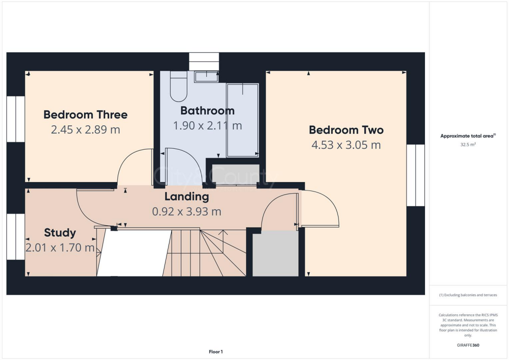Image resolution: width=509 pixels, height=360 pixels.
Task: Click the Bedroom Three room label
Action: coord(85,115)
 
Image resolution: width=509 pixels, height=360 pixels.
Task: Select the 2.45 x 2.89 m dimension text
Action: coord(85,130)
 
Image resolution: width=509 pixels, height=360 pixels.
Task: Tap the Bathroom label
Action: coord(207,110)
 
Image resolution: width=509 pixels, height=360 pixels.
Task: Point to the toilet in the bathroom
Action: coord(177,86)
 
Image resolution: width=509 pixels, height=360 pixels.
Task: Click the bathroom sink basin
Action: coord(206,77)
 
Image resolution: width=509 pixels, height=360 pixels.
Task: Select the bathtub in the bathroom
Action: coord(243,120)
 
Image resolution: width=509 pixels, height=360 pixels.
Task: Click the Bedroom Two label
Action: coord(346,130)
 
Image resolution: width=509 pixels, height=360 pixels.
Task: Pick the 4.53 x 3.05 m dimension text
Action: coord(346,145)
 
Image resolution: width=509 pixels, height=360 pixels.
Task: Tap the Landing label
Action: coord(186,196)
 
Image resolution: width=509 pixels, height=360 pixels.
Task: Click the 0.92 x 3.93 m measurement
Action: coord(186,211)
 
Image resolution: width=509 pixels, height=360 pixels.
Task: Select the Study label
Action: coord(60,233)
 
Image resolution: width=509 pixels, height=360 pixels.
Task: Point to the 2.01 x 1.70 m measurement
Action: coord(60,248)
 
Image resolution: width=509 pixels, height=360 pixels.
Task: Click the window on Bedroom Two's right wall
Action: coord(416,175)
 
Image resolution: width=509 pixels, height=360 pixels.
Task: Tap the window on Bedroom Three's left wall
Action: coord(15,119)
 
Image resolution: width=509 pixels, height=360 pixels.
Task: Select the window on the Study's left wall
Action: coord(15,237)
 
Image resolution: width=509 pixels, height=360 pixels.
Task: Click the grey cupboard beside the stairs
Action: coord(275,254)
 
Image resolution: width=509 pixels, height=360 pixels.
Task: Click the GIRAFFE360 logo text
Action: coord(468,345)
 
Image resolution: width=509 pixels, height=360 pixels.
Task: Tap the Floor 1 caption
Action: coord(215,352)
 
